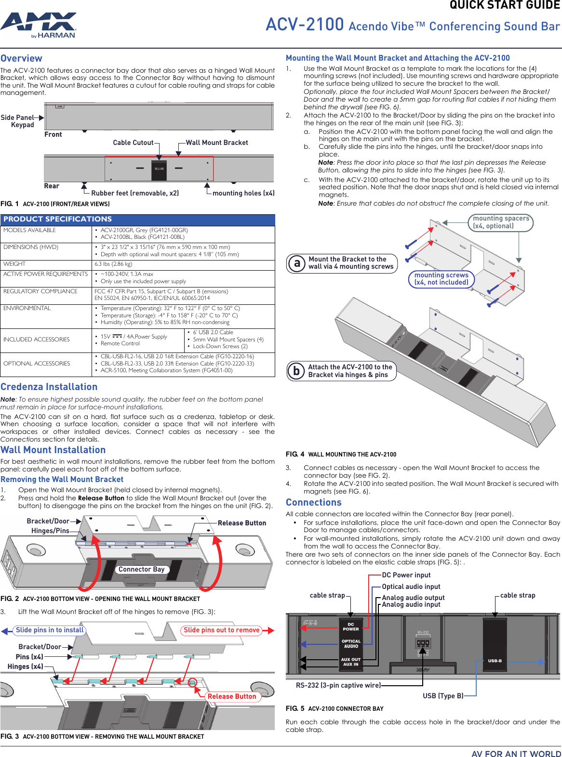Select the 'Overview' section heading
pos(21,58)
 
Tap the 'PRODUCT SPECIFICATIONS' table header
pos(57,219)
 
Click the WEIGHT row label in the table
pos(14,264)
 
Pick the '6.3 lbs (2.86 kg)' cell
pos(113,264)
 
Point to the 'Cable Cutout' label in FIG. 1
pos(133,143)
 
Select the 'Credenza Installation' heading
pos(49,387)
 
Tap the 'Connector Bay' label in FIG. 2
pos(141,569)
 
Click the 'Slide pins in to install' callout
pos(50,630)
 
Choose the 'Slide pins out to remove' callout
pos(221,630)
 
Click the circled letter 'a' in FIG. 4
pos(297,263)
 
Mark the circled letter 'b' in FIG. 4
pos(296,371)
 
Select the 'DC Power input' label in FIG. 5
pos(406,575)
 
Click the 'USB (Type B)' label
pos(443,696)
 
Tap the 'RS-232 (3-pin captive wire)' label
pos(338,685)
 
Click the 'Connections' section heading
pos(313,502)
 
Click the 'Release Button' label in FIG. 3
pos(232,696)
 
